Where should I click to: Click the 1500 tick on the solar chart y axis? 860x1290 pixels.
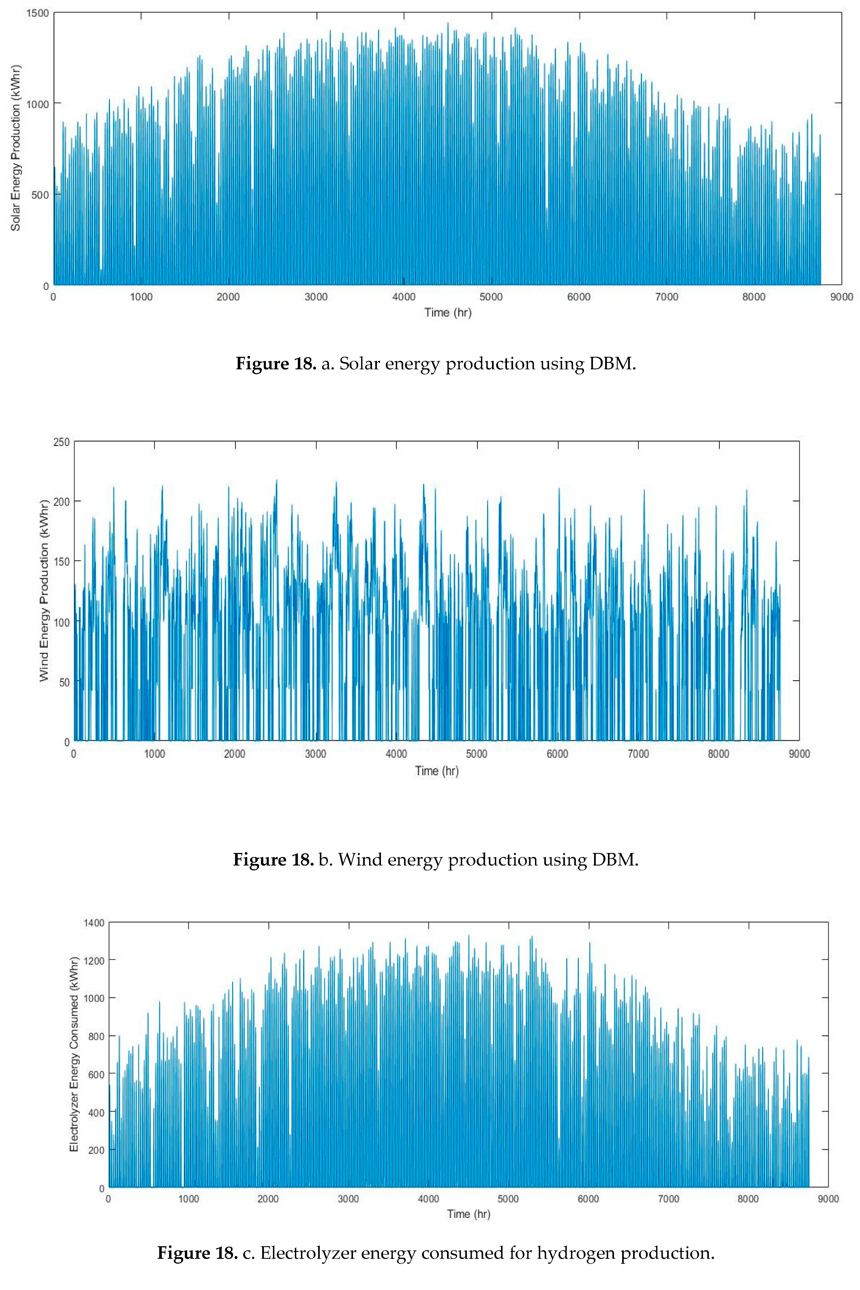tap(37, 13)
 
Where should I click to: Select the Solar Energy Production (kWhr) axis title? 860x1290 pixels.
tap(15, 148)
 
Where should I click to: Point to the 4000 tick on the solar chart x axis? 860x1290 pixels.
tap(404, 297)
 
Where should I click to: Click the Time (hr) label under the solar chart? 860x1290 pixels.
tap(447, 312)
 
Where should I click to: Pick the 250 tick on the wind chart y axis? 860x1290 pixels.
tap(62, 442)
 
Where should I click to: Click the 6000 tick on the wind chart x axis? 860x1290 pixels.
tap(557, 754)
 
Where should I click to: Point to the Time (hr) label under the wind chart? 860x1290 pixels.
tap(436, 771)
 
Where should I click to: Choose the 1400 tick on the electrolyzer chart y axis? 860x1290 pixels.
tap(94, 923)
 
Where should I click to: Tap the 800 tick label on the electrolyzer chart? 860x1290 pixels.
tap(96, 1037)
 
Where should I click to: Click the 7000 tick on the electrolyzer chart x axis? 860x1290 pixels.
tap(668, 1199)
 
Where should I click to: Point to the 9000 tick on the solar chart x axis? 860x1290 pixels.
tap(841, 297)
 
